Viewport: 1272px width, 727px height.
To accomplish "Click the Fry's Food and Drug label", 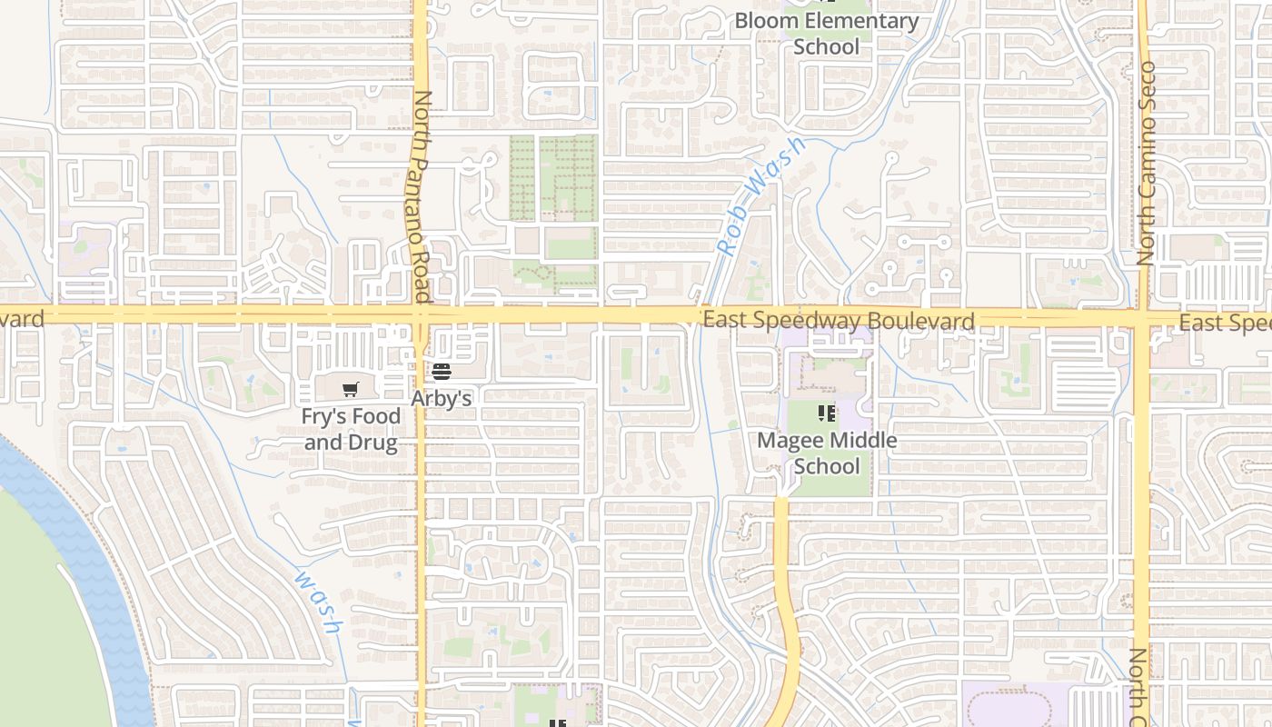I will pos(351,430).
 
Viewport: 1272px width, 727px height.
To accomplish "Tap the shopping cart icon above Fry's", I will pos(351,390).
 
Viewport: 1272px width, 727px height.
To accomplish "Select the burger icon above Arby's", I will pos(442,371).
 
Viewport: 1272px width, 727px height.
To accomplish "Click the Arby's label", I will pos(442,398).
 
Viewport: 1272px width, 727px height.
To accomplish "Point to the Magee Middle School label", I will pos(827,453).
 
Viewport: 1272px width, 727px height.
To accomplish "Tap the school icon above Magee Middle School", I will pos(827,414).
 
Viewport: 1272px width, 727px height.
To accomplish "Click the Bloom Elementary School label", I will pos(826,33).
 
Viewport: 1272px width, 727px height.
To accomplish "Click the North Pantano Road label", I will pos(421,195).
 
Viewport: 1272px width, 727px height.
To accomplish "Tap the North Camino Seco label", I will pos(1147,164).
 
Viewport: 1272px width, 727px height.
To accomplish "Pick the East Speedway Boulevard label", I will pos(838,320).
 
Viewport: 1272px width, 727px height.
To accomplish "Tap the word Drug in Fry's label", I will pos(376,443).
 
